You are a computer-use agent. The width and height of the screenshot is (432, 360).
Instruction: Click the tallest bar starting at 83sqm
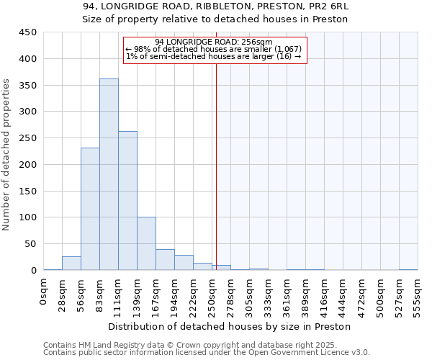(109, 174)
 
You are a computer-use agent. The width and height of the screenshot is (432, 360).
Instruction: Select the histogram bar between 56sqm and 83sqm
(90, 209)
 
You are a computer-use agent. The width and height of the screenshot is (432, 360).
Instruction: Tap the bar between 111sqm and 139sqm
(127, 201)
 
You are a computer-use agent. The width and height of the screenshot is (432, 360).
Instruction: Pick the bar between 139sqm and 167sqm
(146, 243)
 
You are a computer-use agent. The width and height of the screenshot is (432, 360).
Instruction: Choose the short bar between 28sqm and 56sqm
(71, 264)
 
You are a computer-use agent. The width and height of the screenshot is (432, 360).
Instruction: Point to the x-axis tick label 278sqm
(231, 294)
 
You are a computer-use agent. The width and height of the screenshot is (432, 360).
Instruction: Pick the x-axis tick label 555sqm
(418, 294)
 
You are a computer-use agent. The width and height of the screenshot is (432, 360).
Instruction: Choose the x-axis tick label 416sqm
(325, 294)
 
